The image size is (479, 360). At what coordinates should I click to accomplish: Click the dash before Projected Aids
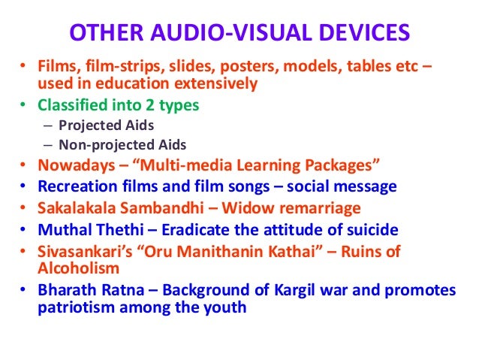point(48,125)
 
